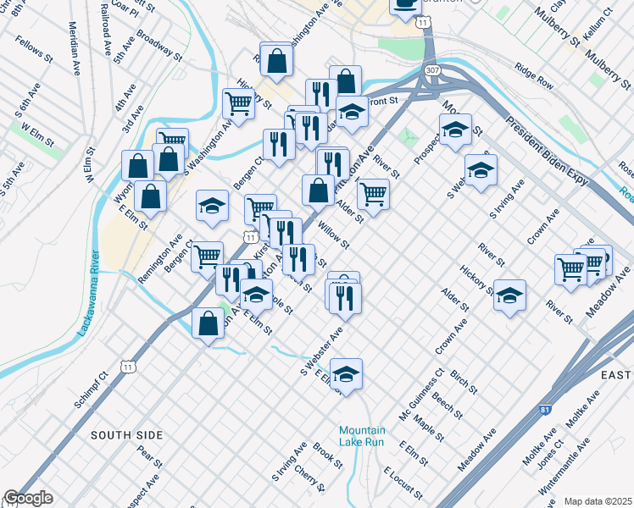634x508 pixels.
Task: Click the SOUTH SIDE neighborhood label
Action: click(126, 435)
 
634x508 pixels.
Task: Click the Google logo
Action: click(27, 498)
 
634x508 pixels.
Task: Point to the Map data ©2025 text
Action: click(598, 501)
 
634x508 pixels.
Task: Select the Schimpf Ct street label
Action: click(92, 389)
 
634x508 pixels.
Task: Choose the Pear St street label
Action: click(149, 458)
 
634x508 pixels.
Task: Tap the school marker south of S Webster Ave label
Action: click(346, 373)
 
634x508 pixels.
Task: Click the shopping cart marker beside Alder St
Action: click(373, 194)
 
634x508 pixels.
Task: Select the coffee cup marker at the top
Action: click(406, 4)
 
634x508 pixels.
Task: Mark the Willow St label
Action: click(333, 235)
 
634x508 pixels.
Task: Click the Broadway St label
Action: click(159, 48)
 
